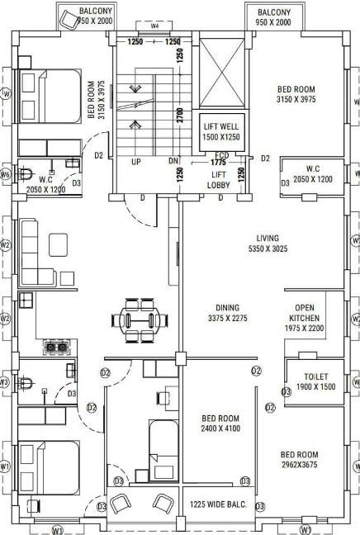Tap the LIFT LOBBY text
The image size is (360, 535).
(x=220, y=181)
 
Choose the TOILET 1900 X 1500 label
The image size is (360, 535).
(x=315, y=381)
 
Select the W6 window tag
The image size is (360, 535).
(x=5, y=174)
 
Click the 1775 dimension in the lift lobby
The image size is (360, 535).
(x=219, y=163)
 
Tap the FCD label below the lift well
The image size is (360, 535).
(x=221, y=155)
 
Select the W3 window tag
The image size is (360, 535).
(x=5, y=383)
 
